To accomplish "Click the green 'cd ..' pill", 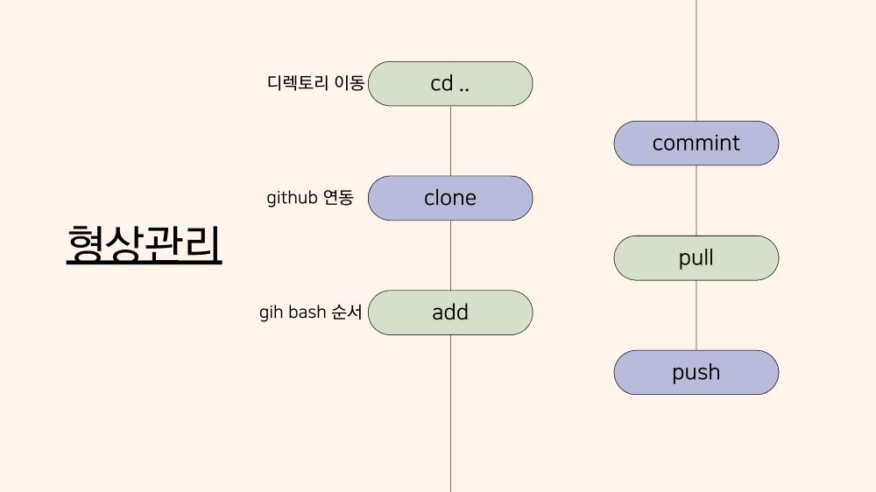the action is point(450,84).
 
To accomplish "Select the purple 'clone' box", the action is point(450,198).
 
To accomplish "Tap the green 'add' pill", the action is point(450,313).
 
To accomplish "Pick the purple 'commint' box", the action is point(696,143).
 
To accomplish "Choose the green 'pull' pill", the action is point(696,258).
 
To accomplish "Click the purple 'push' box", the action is point(696,372).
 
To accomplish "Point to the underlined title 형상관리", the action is point(145,244).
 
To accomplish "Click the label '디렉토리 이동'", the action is point(315,83).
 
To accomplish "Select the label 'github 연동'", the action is point(310,198).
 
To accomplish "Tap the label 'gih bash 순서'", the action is point(311,312).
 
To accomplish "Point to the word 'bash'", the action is point(307,312).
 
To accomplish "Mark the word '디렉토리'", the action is point(298,83).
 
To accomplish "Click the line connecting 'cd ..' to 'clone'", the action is point(450,141).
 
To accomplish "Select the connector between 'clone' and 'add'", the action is point(450,256).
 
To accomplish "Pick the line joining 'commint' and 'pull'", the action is point(696,200).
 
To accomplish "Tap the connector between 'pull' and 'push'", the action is point(696,315).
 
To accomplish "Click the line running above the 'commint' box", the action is point(696,60).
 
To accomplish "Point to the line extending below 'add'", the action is point(450,413).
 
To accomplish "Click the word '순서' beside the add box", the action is point(347,312).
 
